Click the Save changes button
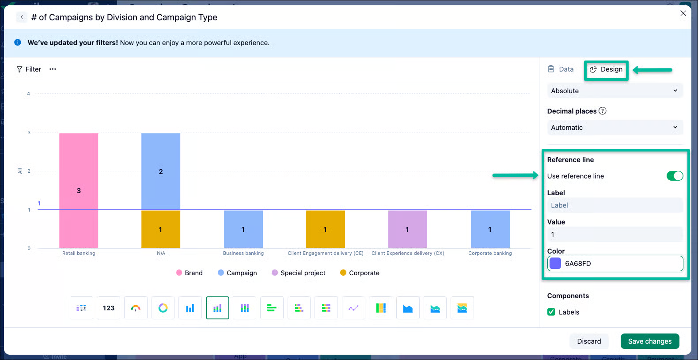[x=650, y=341]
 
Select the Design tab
[x=606, y=69]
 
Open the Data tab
[x=561, y=69]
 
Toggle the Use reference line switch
[x=675, y=176]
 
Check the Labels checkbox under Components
[x=551, y=312]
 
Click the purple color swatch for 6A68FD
[x=555, y=263]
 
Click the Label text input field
[x=615, y=205]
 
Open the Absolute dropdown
[x=615, y=91]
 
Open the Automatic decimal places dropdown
[x=615, y=128]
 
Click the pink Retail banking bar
[x=79, y=190]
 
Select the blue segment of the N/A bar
[x=161, y=171]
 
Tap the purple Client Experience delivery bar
[x=408, y=229]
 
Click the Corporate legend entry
[x=360, y=273]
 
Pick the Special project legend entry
[x=298, y=273]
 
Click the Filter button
[x=29, y=69]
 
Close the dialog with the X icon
[x=683, y=13]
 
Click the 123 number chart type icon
[x=108, y=308]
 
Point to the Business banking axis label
[x=243, y=253]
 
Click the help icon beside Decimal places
[x=602, y=111]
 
